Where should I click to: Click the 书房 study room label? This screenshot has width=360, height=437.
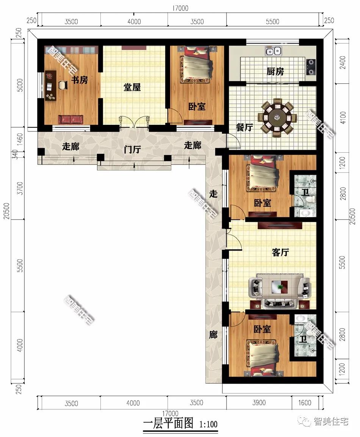pos(80,80)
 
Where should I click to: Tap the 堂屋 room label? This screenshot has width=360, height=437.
pos(132,88)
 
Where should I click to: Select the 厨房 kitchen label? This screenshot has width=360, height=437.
pos(275,72)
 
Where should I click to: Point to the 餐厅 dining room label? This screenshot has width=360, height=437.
pos(244,127)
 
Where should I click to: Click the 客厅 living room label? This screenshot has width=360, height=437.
pos(280,252)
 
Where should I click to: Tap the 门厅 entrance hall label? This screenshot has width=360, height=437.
pos(132,149)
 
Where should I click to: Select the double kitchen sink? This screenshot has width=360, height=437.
pos(273,51)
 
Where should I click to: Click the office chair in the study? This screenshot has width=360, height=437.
pos(63,85)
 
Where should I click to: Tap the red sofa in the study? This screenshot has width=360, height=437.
pos(70,119)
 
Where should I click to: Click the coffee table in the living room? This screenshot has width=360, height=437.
pos(280,286)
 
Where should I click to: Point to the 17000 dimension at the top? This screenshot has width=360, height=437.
pos(180,8)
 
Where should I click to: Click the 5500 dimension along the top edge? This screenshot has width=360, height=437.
pos(272,22)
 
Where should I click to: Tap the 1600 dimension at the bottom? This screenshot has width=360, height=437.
pos(305,403)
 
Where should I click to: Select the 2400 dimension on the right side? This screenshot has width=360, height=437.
pos(343,63)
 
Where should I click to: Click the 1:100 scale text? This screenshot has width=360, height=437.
pos(208,424)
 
